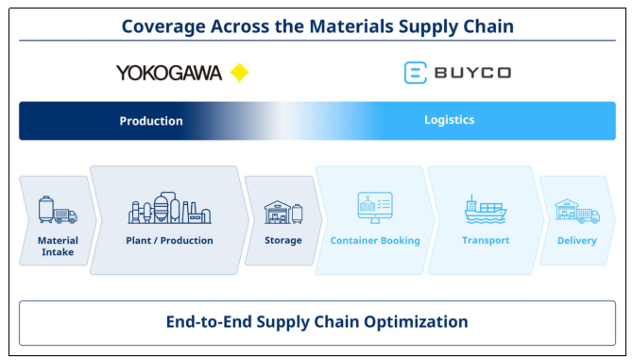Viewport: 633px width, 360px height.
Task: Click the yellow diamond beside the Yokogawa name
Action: [x=239, y=73]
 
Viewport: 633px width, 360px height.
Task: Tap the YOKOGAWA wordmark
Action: [x=169, y=73]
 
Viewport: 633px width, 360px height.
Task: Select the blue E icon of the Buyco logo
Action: [x=416, y=73]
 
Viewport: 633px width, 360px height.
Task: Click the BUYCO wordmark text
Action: [x=472, y=73]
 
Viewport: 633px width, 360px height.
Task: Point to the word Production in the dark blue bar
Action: [x=151, y=121]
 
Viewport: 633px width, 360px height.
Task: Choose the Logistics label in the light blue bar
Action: [x=450, y=120]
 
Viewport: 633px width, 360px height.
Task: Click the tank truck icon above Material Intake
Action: [x=58, y=210]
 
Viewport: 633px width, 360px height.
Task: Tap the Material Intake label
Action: [x=58, y=247]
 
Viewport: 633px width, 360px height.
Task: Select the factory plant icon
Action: [x=169, y=208]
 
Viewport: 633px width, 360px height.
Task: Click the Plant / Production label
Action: [x=169, y=241]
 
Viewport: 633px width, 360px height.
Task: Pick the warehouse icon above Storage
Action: [x=283, y=212]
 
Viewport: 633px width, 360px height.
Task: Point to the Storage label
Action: [x=283, y=241]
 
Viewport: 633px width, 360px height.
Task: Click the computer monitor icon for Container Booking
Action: [x=375, y=208]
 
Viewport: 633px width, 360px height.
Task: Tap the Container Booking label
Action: [x=375, y=241]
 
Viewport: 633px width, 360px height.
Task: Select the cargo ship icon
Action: [x=486, y=209]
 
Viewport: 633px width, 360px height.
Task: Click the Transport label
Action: [x=486, y=241]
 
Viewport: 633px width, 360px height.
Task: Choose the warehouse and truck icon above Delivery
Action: [x=577, y=211]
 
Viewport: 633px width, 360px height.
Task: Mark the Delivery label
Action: [x=577, y=241]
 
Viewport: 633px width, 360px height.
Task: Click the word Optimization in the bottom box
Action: [x=416, y=322]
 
